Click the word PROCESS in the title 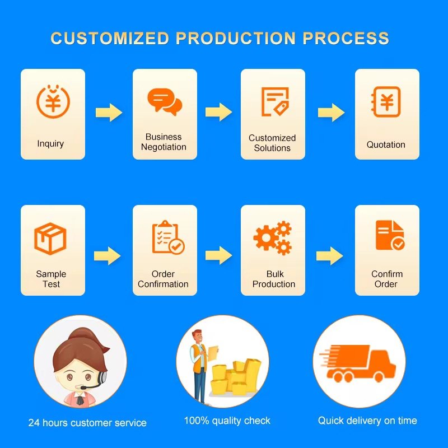click(346, 39)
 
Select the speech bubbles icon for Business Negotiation click(165, 101)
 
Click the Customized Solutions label click(272, 143)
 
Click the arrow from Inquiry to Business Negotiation click(109, 113)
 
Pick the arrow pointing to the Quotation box click(331, 113)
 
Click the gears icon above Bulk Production click(273, 237)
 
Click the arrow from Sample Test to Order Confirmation click(107, 256)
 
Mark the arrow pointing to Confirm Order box click(329, 256)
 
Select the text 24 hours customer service click(87, 423)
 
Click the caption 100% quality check click(227, 421)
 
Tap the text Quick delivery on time click(367, 421)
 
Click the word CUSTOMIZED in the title click(110, 39)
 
